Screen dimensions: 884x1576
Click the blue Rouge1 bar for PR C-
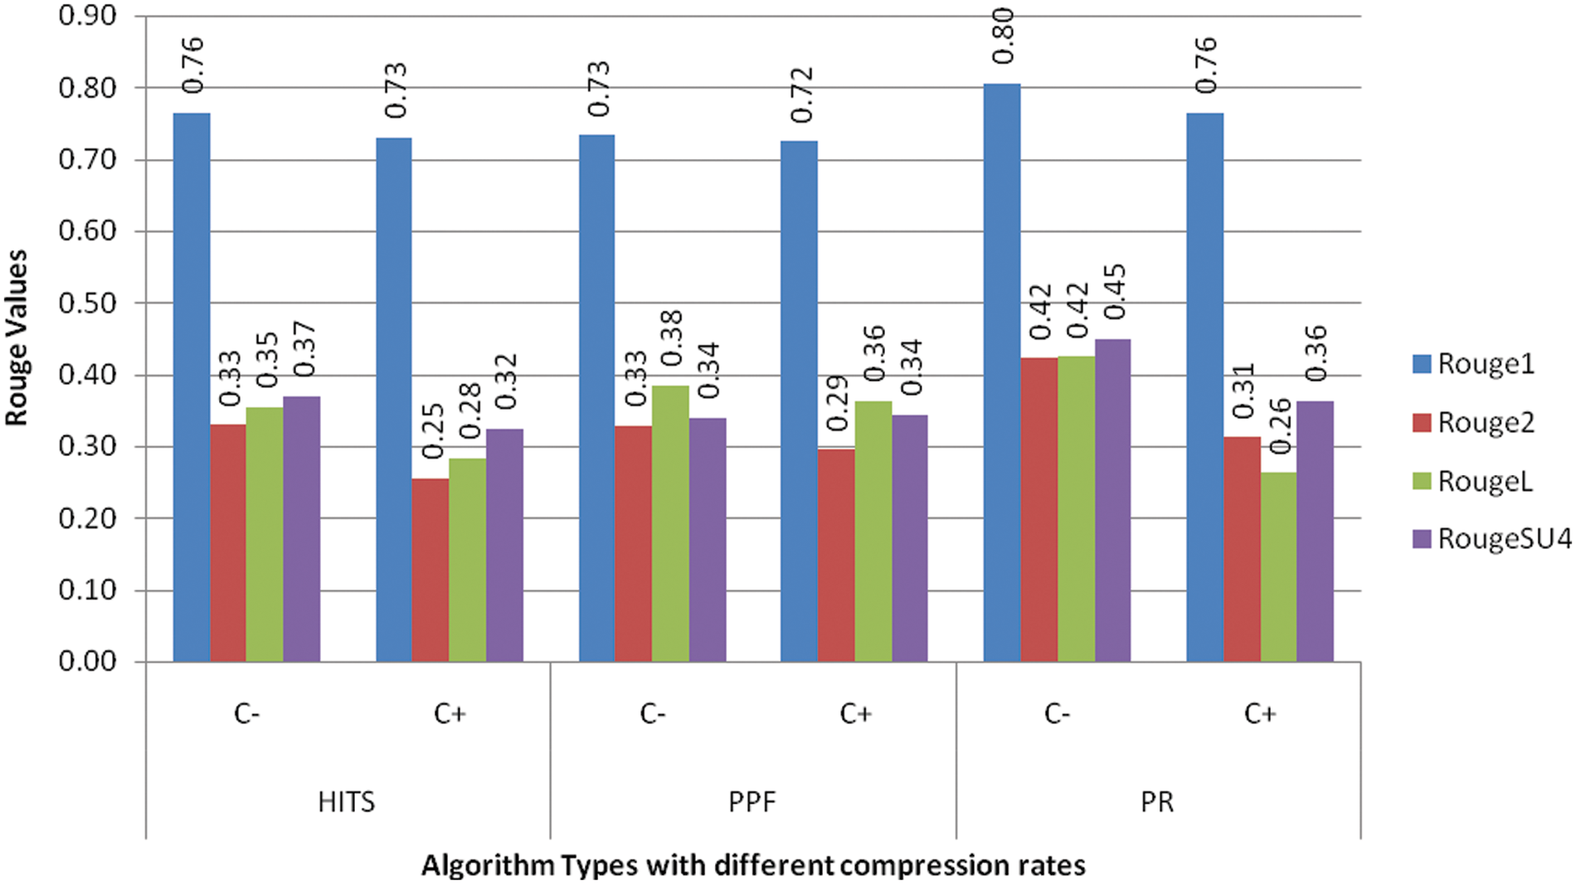click(x=1001, y=373)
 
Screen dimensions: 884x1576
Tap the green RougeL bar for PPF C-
click(x=669, y=523)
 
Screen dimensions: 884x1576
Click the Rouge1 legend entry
click(x=1485, y=364)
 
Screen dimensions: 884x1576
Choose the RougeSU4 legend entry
click(x=1503, y=539)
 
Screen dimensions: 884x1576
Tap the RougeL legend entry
click(x=1484, y=481)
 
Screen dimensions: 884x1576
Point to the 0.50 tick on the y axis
click(x=87, y=303)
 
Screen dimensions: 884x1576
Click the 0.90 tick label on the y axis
click(x=87, y=16)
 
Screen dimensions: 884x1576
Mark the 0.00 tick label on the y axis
click(x=87, y=661)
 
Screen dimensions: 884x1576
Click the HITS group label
click(x=347, y=802)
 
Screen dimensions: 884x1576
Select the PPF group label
click(x=752, y=802)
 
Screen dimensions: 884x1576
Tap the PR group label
click(x=1157, y=802)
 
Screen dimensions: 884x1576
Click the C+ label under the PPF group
click(x=855, y=713)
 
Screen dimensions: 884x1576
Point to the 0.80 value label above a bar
click(x=1003, y=36)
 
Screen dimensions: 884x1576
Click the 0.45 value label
click(x=1116, y=292)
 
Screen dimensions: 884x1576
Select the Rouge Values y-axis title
click(x=17, y=338)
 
